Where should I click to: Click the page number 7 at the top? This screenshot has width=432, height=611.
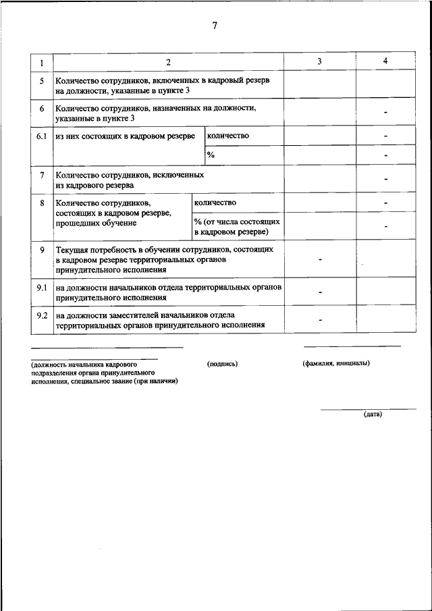pos(215,26)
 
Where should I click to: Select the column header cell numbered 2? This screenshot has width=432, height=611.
pos(168,62)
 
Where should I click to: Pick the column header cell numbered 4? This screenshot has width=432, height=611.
pos(385,61)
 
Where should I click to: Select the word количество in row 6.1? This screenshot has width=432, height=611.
pos(228,136)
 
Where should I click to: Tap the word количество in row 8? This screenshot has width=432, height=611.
pos(215,203)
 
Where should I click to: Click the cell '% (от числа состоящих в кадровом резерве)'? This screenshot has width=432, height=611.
pos(237,227)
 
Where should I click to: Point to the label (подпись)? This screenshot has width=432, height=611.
pos(223,363)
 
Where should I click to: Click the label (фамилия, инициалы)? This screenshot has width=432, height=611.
pos(336,363)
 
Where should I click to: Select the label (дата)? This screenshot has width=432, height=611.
pos(373,415)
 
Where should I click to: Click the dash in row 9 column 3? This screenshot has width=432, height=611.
pos(320,259)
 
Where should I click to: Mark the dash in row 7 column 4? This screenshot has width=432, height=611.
pos(385,180)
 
